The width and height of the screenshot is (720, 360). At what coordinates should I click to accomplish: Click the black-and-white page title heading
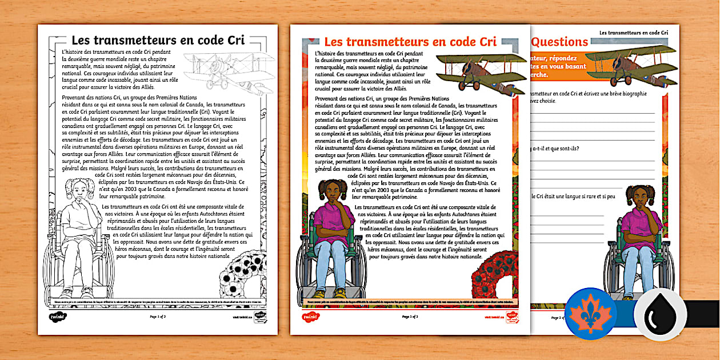coord(158,41)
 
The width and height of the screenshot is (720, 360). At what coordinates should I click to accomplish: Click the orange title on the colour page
coord(409,42)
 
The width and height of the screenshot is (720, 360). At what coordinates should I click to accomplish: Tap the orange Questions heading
coord(560,42)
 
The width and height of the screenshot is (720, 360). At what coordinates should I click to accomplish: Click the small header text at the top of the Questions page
coord(633,34)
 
